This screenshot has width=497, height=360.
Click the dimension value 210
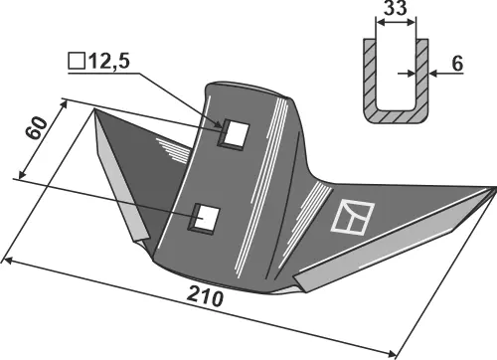pos(204,298)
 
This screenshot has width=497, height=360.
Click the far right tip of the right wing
pos(494,187)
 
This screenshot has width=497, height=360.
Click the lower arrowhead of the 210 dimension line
pos(395,352)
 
